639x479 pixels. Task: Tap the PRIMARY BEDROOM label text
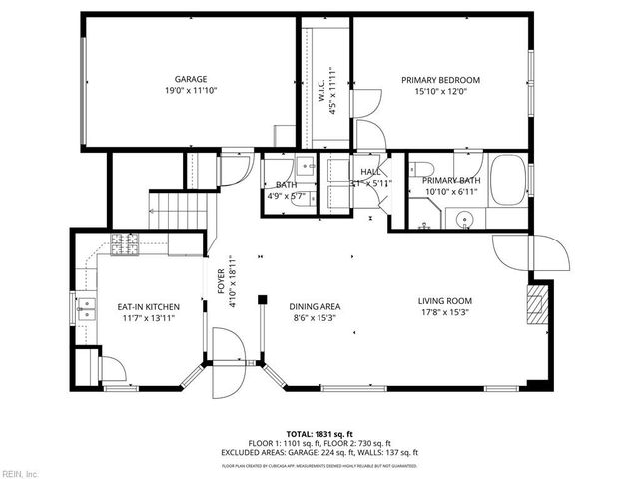440,80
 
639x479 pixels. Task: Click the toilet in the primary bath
422,169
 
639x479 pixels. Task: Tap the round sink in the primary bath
463,219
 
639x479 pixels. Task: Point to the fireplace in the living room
537,303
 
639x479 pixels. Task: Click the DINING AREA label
315,306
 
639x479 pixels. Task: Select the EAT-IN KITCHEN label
148,306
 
